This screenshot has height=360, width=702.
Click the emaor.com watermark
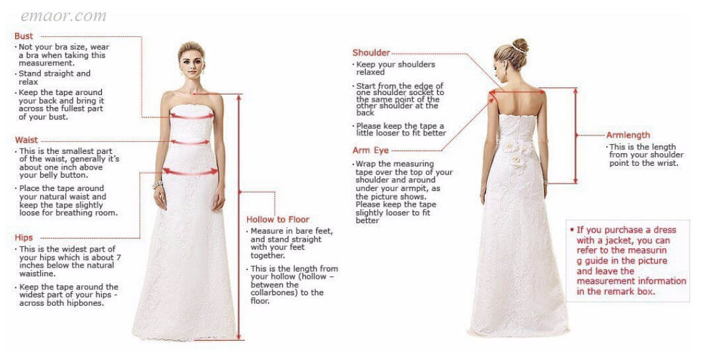pos(63,17)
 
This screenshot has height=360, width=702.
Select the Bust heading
pos(24,36)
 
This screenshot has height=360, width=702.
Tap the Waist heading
pos(26,140)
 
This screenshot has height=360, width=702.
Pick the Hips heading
pos(24,238)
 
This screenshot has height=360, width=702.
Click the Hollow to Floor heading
pos(277,219)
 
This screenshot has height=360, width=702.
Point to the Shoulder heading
pos(371,53)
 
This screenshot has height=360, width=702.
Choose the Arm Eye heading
pos(370,151)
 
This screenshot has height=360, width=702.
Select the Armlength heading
pos(628,135)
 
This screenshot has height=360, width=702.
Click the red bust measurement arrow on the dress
pos(192,117)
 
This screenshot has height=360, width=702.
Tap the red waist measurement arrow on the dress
pos(190,143)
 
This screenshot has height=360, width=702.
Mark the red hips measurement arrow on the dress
pos(190,172)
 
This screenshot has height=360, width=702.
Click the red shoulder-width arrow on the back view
pos(517,92)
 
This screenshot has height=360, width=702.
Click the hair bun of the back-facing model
pos(520,45)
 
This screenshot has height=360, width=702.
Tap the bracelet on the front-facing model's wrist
pos(158,184)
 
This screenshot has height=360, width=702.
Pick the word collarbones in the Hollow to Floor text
pos(275,293)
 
